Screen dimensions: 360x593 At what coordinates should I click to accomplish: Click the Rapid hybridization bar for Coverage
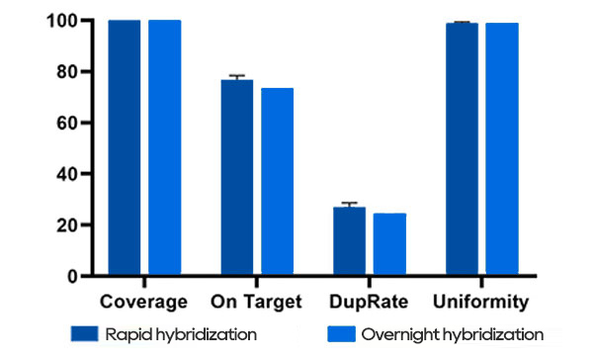point(125,148)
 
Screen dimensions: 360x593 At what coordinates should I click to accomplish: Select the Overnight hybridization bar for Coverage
point(164,148)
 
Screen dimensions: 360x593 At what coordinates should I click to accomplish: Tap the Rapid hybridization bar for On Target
point(237,178)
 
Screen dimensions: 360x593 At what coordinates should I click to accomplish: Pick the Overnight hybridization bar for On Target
point(277,182)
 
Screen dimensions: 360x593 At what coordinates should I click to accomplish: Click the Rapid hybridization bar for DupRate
point(349,241)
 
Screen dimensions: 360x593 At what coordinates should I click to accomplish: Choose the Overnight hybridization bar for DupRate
point(389,244)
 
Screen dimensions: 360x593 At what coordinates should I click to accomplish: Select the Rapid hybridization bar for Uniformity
point(462,149)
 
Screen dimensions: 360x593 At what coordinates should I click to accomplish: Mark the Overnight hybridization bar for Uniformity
point(501,149)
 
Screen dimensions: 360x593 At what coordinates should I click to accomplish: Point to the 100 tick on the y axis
point(64,21)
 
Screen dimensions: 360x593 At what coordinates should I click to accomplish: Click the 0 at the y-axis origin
point(74,276)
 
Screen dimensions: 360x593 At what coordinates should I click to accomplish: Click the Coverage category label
point(144,301)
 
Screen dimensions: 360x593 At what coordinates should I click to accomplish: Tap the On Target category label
point(257,301)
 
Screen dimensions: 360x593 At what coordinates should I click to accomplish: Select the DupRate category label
point(369,301)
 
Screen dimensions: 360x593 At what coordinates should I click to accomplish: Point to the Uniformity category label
point(481,301)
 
